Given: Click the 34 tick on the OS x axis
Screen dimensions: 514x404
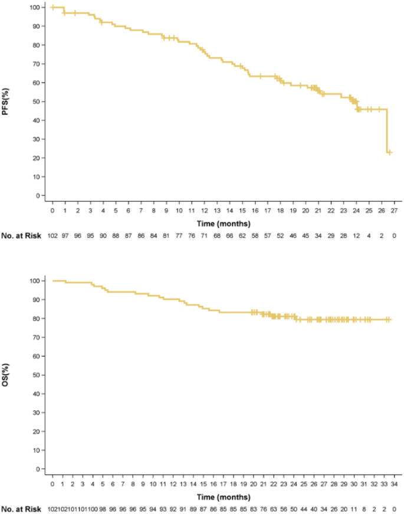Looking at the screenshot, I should coord(393,484).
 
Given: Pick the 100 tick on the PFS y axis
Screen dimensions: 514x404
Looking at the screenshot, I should coord(36,7).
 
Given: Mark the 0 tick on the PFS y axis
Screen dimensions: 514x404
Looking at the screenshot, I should coord(40,195).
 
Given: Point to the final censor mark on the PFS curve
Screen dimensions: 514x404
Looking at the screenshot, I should coord(390,152).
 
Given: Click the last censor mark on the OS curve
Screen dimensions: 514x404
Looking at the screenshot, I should coord(389,319).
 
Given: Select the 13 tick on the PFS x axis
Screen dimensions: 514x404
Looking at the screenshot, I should coord(217,210).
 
